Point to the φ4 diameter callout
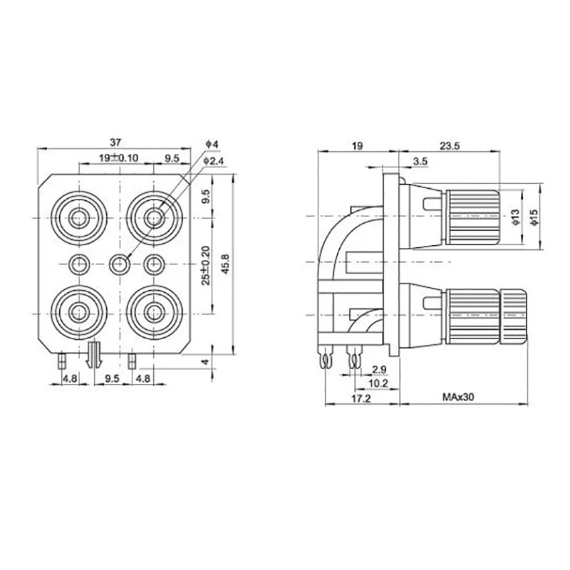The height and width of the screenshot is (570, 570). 212,145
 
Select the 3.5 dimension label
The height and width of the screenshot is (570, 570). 420,162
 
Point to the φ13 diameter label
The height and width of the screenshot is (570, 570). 513,215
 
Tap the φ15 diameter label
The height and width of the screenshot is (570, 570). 533,215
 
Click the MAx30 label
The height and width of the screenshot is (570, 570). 457,398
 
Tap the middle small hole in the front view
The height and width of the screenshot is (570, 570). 119,264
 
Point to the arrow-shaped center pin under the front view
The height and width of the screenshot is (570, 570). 93,354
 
